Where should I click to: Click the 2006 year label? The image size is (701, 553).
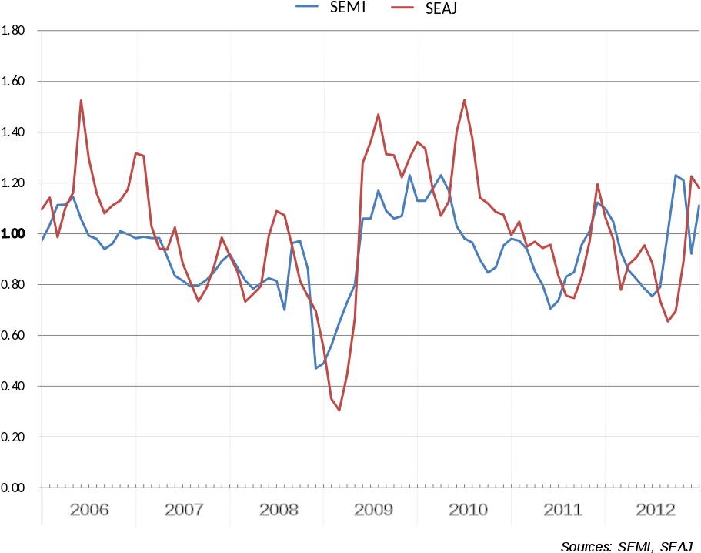coord(89,510)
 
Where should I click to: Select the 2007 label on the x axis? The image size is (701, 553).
coord(184,510)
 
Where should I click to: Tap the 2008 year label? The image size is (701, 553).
coord(279,510)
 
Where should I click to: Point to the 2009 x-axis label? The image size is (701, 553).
coord(373,510)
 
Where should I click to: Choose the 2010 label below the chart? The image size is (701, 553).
coord(468,510)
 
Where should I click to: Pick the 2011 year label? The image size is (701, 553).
coord(562,510)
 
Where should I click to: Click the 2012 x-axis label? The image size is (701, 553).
coord(656,510)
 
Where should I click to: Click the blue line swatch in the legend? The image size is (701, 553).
coord(307,6)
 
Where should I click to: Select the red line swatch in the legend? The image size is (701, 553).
coord(402,8)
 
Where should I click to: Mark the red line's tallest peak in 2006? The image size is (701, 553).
coord(81,100)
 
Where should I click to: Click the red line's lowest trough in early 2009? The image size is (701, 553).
coord(339,411)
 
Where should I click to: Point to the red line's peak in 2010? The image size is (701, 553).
coord(465,99)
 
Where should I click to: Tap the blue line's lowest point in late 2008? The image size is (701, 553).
coord(315,368)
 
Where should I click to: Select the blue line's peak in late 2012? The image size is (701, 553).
coord(676,175)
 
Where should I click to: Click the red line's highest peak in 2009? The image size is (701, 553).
coord(379,114)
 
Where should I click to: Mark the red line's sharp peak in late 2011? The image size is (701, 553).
coord(598,184)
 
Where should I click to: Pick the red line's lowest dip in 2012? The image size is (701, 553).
coord(668,321)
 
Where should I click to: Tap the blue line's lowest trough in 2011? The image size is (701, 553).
coord(551,309)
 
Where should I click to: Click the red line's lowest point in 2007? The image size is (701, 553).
coord(198,301)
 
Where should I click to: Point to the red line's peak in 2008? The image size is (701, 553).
coord(277,210)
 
